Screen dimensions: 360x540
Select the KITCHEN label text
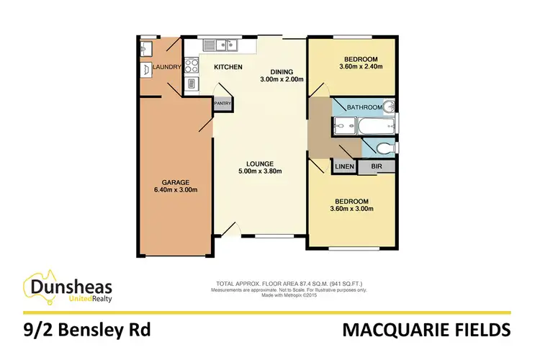point(227,68)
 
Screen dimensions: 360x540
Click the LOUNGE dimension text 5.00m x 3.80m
point(260,171)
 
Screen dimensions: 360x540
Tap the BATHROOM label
point(364,107)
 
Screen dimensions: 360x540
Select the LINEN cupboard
point(343,167)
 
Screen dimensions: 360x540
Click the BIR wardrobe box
point(375,167)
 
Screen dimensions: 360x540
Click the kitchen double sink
point(220,45)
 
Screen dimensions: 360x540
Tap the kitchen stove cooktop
point(192,66)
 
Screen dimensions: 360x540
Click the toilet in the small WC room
point(385,148)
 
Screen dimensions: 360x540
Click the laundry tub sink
point(145,48)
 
